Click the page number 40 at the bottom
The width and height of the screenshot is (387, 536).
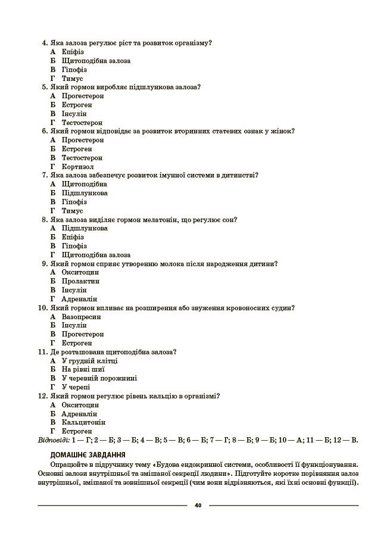(198, 506)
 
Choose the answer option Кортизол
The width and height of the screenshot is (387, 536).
(77, 167)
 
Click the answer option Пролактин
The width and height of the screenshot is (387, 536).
(80, 281)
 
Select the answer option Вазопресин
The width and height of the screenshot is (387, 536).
(81, 316)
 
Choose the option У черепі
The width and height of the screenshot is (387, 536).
(76, 387)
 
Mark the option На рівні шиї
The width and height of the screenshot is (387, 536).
(83, 369)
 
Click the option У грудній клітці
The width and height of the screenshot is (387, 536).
(89, 360)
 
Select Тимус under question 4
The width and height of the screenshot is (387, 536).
(72, 78)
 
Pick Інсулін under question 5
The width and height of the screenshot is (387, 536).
(74, 113)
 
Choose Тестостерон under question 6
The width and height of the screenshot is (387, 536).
(82, 158)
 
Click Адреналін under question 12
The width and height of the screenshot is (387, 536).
(79, 413)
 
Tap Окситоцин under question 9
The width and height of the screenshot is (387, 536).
(80, 272)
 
